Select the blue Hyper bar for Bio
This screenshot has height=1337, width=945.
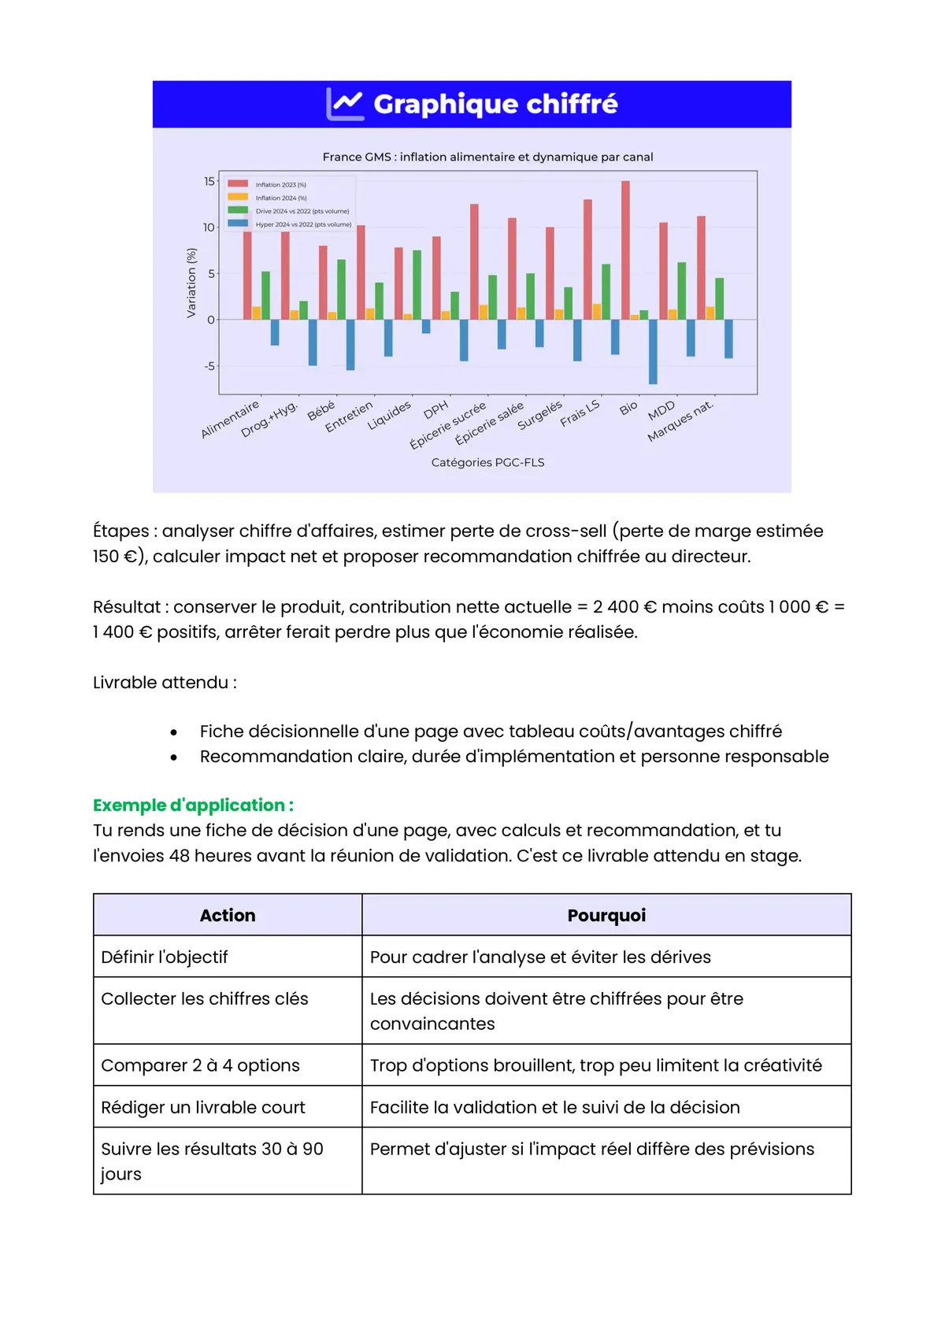[x=653, y=351]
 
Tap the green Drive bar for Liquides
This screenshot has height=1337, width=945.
[x=417, y=285]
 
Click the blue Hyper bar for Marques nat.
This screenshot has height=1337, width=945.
[x=728, y=339]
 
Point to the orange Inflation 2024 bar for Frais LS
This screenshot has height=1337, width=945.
[x=597, y=312]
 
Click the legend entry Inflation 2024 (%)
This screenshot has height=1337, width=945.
[x=280, y=198]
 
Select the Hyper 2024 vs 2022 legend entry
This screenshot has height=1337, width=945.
[x=302, y=224]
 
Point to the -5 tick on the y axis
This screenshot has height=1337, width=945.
[x=209, y=366]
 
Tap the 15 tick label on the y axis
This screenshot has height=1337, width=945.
[x=209, y=181]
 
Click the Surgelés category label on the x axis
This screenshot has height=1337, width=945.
[x=539, y=414]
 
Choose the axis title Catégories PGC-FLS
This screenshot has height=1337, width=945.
[x=487, y=462]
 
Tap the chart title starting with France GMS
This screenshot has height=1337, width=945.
[x=487, y=157]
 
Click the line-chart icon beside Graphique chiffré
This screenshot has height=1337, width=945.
[x=345, y=104]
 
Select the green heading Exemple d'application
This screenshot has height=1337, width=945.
[x=193, y=805]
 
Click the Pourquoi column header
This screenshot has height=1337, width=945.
[x=606, y=915]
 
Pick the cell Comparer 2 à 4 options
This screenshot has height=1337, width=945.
[x=200, y=1065]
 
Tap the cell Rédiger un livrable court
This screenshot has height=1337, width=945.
[x=203, y=1107]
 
